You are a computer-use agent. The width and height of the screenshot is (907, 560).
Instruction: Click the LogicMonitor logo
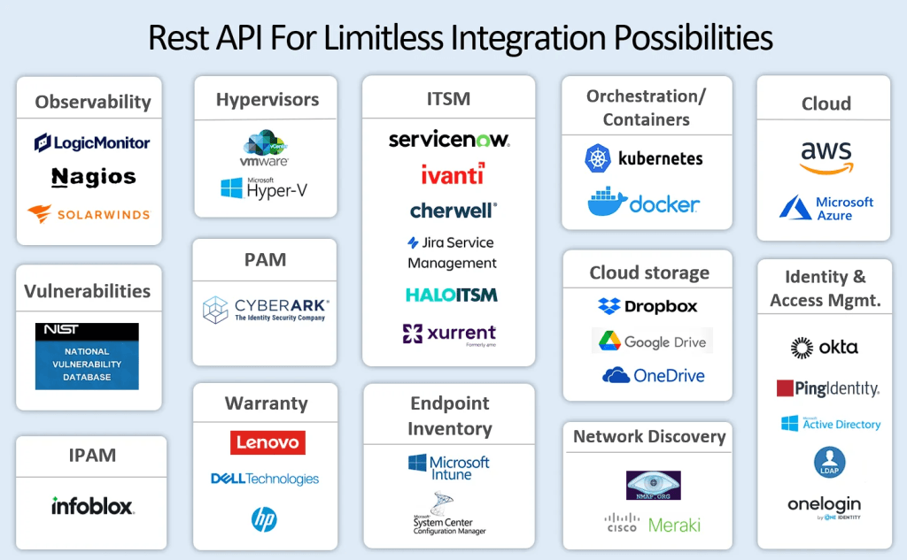[92, 142]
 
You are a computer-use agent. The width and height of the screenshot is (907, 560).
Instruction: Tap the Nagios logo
[93, 178]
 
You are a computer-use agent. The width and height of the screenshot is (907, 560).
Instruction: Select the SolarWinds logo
[89, 214]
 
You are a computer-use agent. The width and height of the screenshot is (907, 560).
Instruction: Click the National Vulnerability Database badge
[87, 357]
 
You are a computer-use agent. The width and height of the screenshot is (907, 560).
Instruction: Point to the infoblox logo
[92, 506]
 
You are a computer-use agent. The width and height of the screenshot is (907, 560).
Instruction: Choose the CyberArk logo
[265, 310]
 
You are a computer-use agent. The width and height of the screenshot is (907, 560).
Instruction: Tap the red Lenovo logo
[267, 442]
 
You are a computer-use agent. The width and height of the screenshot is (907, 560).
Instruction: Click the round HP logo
[264, 519]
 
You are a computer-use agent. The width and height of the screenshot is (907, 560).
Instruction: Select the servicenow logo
[449, 140]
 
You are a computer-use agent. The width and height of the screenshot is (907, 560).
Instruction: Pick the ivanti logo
[453, 174]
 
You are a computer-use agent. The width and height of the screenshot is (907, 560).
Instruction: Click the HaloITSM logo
[451, 295]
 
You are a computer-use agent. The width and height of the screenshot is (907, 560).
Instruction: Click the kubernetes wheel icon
[599, 158]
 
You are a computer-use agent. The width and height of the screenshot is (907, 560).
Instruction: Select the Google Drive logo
[651, 341]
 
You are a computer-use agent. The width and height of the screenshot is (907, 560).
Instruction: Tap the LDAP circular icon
[830, 462]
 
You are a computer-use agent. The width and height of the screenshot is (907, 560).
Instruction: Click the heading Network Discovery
[648, 436]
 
